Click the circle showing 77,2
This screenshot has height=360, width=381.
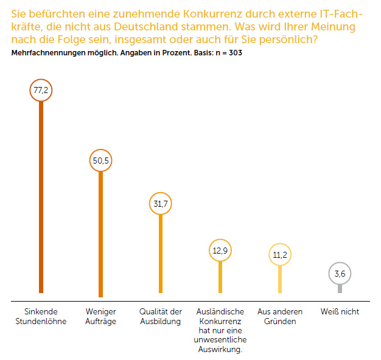pos(41,91)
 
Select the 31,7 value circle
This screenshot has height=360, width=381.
pos(161,204)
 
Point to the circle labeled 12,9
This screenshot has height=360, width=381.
pos(220,251)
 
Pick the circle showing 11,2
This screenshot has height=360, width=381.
pos(280,255)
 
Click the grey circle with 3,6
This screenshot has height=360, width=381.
pos(340,274)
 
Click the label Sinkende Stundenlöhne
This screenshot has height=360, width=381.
pos(41,316)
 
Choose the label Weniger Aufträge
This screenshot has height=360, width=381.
pos(100,316)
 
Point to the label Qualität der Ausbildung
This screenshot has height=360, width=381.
pos(161,316)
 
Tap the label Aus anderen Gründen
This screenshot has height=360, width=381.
pos(280,316)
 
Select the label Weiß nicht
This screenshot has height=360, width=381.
pos(340,312)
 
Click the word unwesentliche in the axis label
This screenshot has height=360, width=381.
pos(220,340)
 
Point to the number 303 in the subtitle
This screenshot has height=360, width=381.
pos(236,52)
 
